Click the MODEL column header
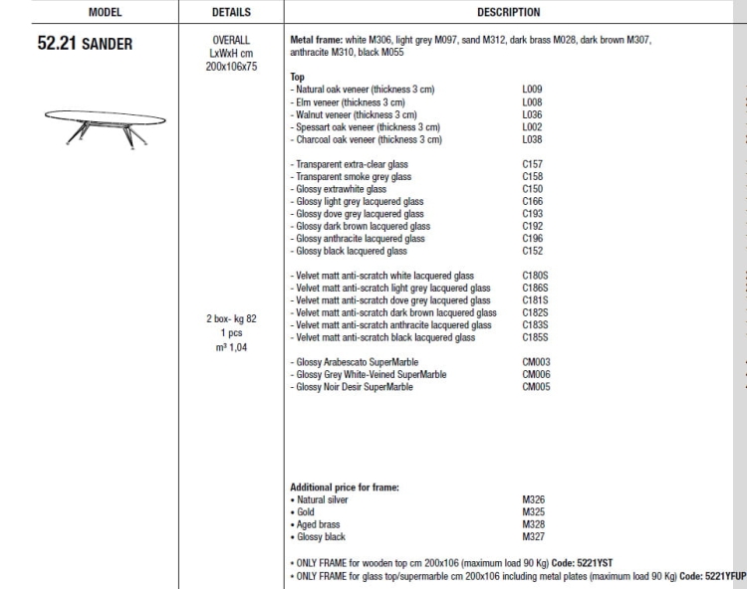89,13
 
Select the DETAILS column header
231,13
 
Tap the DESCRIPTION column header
508,13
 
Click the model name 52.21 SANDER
85,45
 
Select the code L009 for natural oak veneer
532,90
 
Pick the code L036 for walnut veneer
532,114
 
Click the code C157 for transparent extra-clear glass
532,164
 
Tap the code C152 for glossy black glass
532,252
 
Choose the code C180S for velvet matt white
535,276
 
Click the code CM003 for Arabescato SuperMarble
536,362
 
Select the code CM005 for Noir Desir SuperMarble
536,387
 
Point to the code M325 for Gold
533,511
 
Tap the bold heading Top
297,77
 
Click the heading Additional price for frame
344,488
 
